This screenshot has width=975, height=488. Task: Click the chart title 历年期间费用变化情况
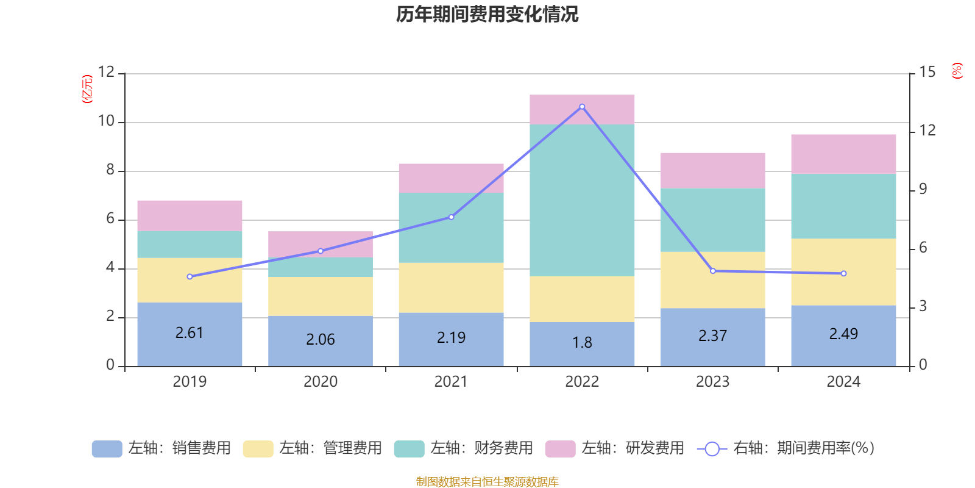coord(487,14)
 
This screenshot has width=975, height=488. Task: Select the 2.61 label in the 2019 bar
coord(190,333)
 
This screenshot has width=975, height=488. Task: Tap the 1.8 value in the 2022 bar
coord(582,343)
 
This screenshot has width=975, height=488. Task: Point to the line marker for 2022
coord(582,107)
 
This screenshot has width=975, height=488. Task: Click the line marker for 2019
coord(190,277)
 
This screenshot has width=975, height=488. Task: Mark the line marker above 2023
coord(713,271)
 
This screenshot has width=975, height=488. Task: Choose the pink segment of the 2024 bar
coord(843,154)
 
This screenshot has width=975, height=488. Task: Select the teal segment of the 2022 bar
coord(582,200)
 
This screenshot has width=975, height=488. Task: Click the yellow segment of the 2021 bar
coord(451,288)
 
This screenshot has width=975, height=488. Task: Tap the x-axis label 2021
coord(451,382)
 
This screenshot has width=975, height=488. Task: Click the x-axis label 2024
coord(843,382)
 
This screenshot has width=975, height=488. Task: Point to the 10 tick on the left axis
coord(107,121)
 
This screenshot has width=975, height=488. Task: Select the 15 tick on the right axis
coord(927,72)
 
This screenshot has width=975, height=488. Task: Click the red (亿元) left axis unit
coord(87,89)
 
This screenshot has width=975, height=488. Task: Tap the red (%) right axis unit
coord(957,71)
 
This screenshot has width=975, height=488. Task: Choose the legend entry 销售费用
coord(161,448)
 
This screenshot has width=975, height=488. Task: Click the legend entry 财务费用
coord(464,448)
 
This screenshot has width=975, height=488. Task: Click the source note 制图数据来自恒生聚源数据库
coord(487,482)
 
